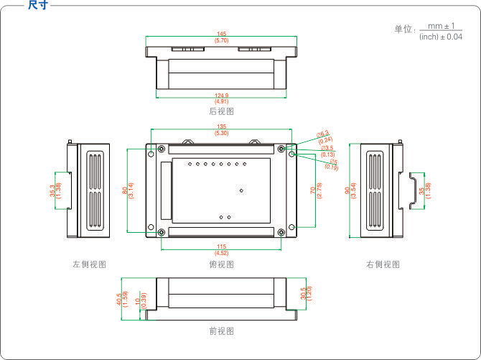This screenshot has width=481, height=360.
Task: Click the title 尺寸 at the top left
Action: click(x=38, y=5)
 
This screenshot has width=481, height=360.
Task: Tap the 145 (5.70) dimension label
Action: click(x=221, y=37)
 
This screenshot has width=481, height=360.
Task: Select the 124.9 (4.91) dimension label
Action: click(x=221, y=99)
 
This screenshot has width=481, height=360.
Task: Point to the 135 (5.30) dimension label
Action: click(x=221, y=130)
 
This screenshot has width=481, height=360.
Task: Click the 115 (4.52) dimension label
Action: click(x=221, y=250)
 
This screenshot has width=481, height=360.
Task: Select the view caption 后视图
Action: click(x=221, y=112)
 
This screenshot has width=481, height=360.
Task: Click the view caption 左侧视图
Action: click(x=89, y=264)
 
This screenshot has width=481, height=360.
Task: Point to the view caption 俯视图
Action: click(x=221, y=264)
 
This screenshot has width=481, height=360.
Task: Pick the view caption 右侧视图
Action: click(x=383, y=264)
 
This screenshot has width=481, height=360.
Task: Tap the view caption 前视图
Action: click(x=221, y=331)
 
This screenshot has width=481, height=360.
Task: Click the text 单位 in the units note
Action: click(x=403, y=29)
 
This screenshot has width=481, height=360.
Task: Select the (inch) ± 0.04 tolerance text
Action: click(x=441, y=37)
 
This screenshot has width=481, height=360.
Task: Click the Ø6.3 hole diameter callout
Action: click(x=323, y=137)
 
